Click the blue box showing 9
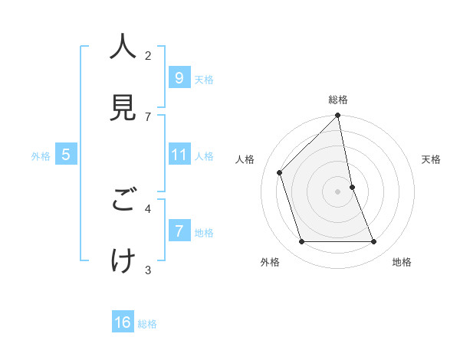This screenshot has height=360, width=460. click(179, 78)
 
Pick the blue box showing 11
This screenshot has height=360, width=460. click(179, 155)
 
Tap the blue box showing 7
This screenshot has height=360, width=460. click(179, 231)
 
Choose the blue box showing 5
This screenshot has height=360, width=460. click(66, 155)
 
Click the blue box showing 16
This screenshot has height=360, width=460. click(123, 322)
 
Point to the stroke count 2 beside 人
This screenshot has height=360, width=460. click(148, 55)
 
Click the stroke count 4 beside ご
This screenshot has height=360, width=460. click(148, 208)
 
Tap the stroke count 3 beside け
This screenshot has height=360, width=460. click(148, 269)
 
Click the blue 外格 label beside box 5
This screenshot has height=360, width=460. click(41, 156)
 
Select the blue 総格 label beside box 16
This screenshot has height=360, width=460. click(147, 324)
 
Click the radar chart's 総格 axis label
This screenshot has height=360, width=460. click(338, 100)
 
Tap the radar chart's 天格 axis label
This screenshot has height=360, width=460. click(432, 159)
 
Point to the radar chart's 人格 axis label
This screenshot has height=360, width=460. click(245, 159)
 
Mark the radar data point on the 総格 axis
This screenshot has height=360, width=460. click(338, 116)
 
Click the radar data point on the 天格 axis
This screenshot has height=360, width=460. click(352, 187)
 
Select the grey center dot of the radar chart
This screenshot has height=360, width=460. click(338, 191)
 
